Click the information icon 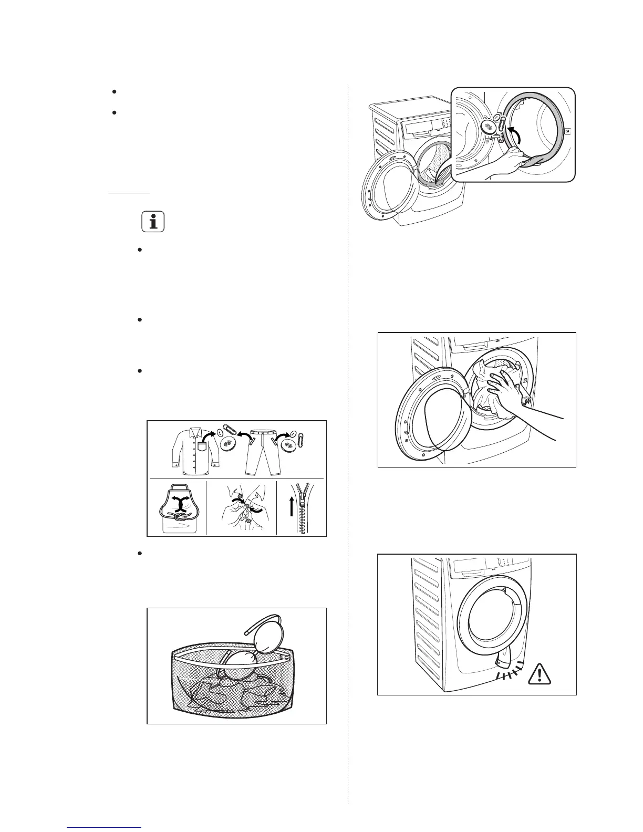coord(153,222)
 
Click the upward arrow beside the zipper coord(291,515)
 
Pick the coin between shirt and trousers coord(227,444)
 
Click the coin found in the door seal coord(487,128)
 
